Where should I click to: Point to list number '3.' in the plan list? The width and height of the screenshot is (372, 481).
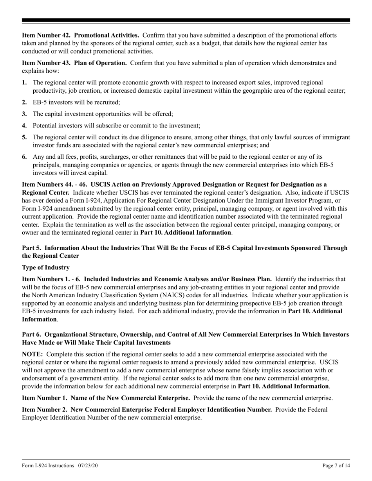point(24,114)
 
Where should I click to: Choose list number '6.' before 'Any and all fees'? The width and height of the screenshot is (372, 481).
point(24,156)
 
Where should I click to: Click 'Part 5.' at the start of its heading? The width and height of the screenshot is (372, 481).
point(31,248)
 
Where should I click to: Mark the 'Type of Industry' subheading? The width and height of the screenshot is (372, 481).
point(46,267)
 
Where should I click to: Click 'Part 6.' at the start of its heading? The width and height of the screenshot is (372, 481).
point(31,335)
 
